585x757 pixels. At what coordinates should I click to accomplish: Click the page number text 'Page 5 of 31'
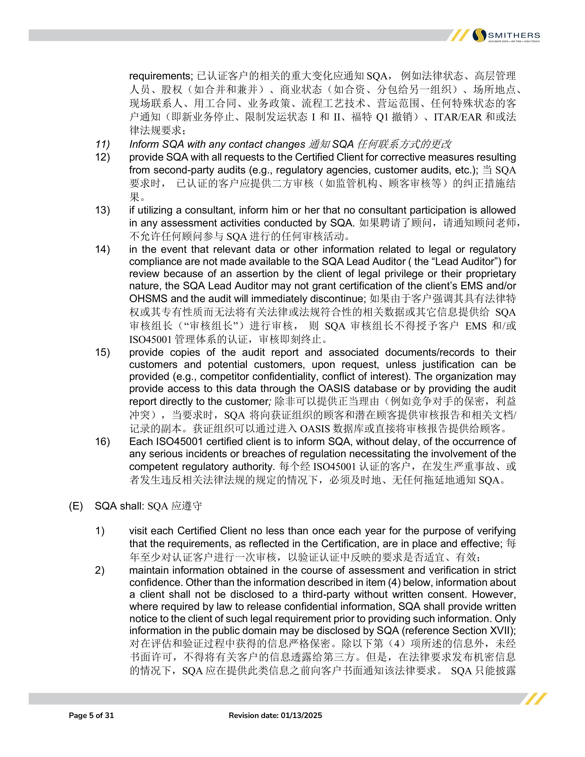(92, 715)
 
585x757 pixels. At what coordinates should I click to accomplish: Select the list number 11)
(103, 144)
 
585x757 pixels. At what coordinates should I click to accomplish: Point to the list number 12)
(103, 157)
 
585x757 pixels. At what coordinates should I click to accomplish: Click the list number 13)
(103, 210)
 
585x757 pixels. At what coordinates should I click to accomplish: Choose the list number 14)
(103, 250)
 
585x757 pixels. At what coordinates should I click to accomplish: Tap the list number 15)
(103, 353)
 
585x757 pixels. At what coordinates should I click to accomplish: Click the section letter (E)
(76, 506)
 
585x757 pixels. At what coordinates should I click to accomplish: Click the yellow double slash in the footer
(535, 699)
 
